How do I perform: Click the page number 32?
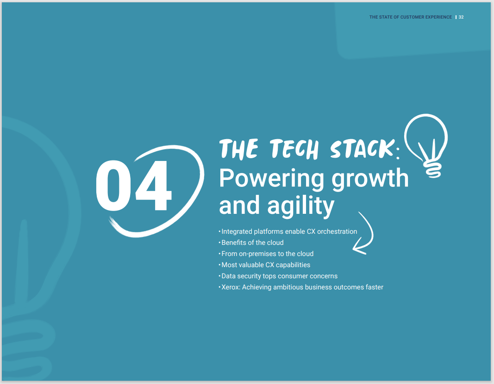[461, 17]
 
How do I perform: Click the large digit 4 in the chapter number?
[154, 186]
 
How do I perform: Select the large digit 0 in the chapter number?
[113, 186]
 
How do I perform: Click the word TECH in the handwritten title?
[294, 148]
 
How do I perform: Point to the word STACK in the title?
[363, 148]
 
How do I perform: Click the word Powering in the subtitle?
[271, 179]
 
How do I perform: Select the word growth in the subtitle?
[370, 179]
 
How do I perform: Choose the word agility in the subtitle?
[300, 206]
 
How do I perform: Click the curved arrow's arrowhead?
[360, 248]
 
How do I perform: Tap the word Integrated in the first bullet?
[237, 231]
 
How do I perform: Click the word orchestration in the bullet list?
[337, 231]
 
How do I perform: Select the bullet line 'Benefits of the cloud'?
[252, 243]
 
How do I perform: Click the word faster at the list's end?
[374, 287]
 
